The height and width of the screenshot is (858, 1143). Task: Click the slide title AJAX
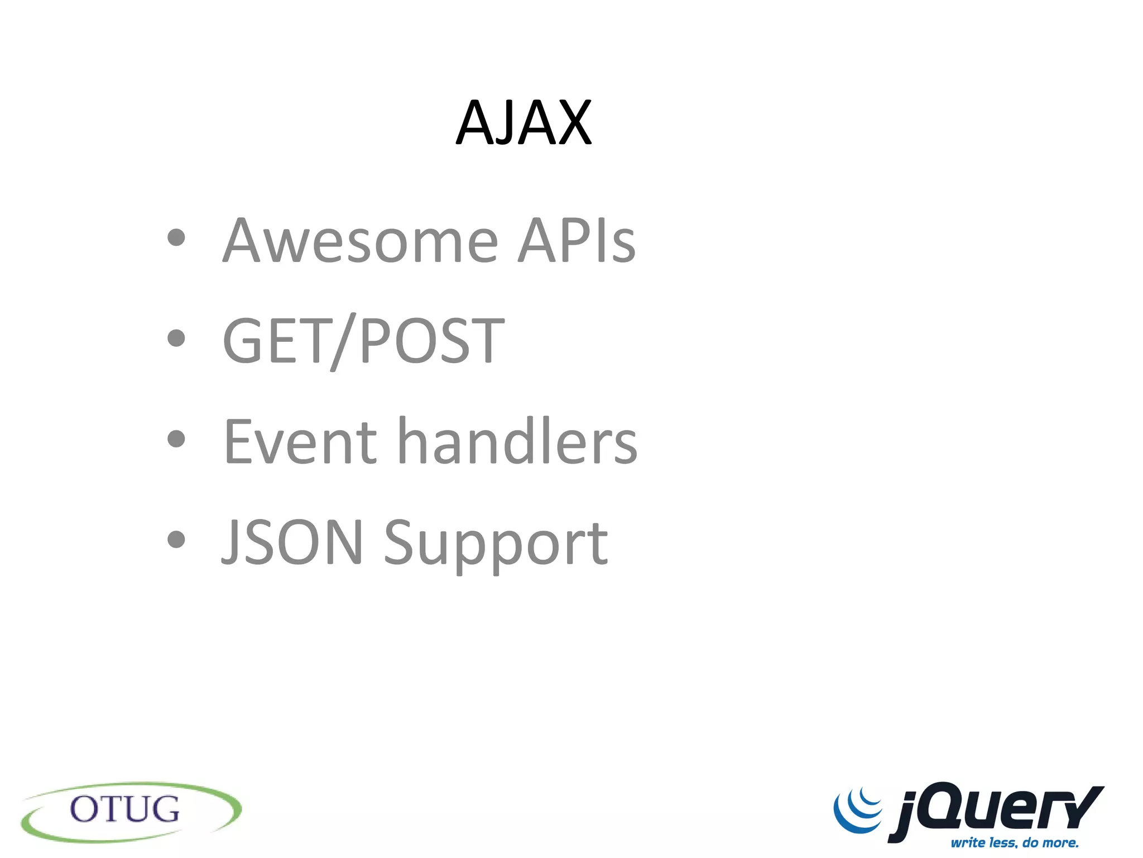pos(524,123)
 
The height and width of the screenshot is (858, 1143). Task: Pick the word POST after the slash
pos(432,340)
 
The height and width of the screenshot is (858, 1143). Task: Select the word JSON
pos(292,541)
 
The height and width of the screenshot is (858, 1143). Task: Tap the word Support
pos(496,545)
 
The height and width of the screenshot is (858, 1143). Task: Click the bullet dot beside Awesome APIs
pos(176,237)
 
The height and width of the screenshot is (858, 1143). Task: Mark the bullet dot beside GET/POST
pos(176,338)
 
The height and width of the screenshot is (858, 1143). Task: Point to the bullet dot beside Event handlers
pos(176,438)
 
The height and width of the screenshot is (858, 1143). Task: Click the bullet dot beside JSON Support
pos(176,539)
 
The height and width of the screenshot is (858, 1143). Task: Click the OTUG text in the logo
pos(124,809)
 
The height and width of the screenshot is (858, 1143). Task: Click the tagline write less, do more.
pos(1015,842)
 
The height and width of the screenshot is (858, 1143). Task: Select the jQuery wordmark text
pos(996,810)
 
